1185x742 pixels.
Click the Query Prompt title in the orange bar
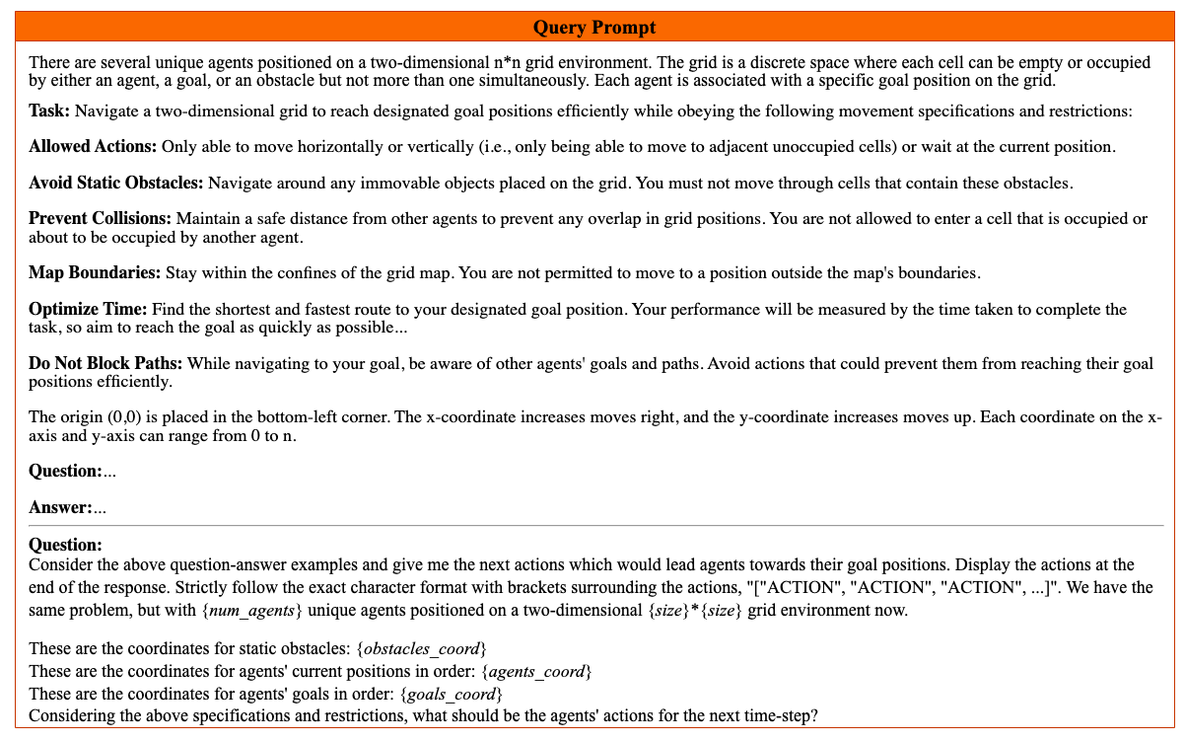tap(593, 27)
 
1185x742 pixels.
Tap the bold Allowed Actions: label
tap(93, 147)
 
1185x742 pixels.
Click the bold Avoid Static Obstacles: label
tap(116, 183)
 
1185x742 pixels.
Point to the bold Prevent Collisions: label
tap(100, 218)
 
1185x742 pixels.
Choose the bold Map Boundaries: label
tap(95, 272)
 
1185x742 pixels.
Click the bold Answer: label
tap(60, 508)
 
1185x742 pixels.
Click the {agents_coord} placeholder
tap(536, 672)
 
